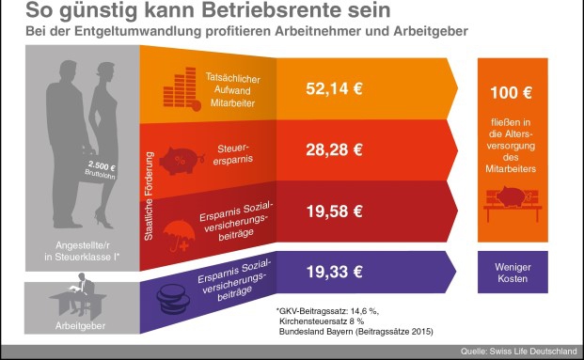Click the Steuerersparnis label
point(232,152)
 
